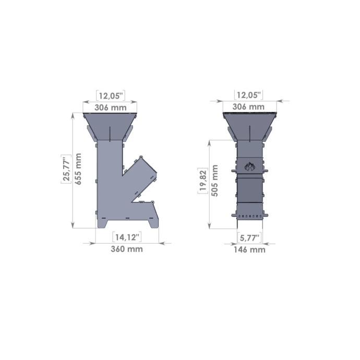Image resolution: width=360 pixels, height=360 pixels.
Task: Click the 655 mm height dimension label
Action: (x=78, y=169)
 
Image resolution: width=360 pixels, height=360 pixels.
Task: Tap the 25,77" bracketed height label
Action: (x=66, y=169)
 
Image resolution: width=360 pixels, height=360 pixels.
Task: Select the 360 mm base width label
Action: (x=127, y=249)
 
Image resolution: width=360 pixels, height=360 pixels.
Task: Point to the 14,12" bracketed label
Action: (x=127, y=237)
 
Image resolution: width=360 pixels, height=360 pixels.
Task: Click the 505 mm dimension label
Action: (x=215, y=181)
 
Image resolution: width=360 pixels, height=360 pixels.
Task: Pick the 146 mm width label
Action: (x=249, y=249)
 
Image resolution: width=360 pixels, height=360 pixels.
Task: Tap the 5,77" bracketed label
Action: (x=249, y=237)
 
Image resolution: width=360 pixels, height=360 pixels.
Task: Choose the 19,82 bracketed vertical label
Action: (x=203, y=181)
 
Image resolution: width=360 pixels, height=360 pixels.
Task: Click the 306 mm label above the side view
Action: (x=111, y=107)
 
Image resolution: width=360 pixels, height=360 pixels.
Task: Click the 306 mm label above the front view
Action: (x=248, y=106)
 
